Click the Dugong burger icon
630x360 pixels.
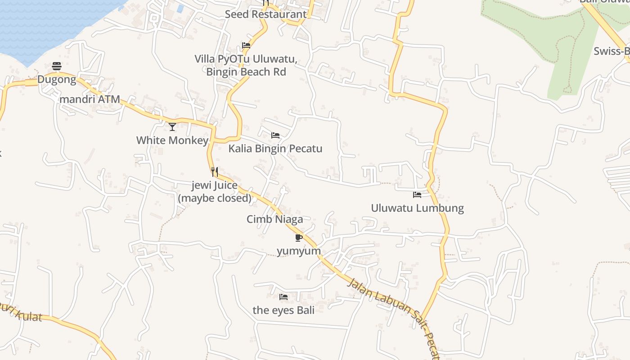pos(57,67)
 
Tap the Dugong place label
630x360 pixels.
pos(57,80)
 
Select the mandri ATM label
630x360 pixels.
pos(90,99)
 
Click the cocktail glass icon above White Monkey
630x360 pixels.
pos(172,127)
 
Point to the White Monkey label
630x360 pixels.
pos(172,140)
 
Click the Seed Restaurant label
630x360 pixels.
pos(265,14)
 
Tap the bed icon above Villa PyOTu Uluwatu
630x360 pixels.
pos(246,45)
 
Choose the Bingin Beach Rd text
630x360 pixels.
pos(246,72)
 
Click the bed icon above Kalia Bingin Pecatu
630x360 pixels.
pos(275,135)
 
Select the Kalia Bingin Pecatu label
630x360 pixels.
pos(275,148)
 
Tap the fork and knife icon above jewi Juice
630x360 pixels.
pos(215,172)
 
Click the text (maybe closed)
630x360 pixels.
pos(215,198)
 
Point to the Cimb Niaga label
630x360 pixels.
pos(274,219)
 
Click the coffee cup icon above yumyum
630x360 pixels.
pos(299,238)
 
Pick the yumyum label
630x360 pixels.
pos(299,251)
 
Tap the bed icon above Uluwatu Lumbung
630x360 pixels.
pos(417,195)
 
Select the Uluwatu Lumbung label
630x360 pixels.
pos(417,208)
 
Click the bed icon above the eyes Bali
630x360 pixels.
pos(283,297)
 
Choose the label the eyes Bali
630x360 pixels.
pos(283,310)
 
